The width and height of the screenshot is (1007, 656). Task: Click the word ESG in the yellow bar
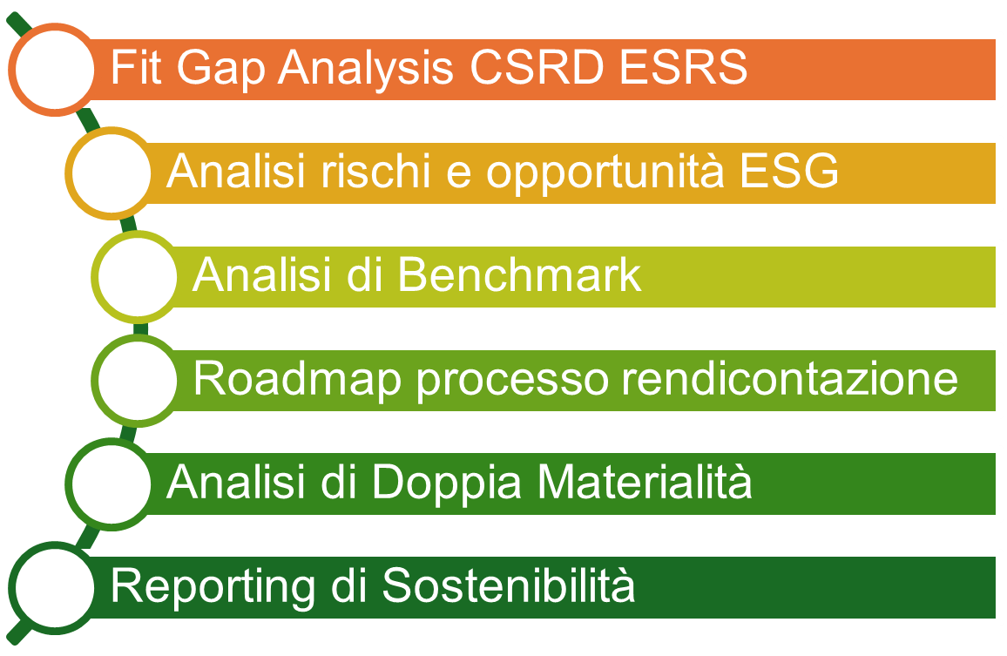788,172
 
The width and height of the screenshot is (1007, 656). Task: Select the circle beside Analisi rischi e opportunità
110,173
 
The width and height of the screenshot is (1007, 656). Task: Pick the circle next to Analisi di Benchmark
136,277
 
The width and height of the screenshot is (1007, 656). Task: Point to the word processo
495,380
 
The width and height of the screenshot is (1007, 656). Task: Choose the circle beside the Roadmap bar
136,381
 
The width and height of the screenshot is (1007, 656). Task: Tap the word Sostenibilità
509,586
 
